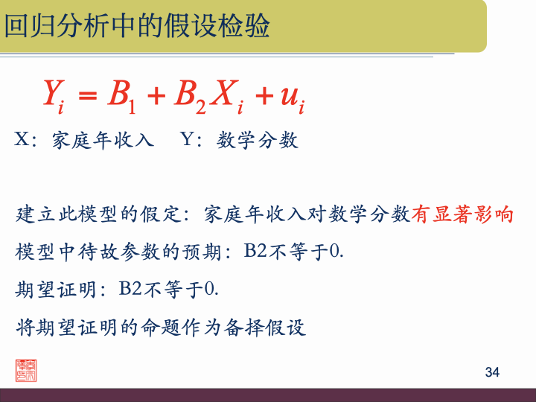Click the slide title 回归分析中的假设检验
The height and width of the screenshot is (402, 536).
click(137, 27)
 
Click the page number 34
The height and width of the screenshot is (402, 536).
click(491, 372)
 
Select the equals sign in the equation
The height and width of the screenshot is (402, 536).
click(88, 95)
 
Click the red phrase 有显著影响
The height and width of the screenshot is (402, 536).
click(462, 215)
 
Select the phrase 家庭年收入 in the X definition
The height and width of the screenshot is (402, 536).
click(103, 141)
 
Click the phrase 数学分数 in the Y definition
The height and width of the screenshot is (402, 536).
click(258, 141)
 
